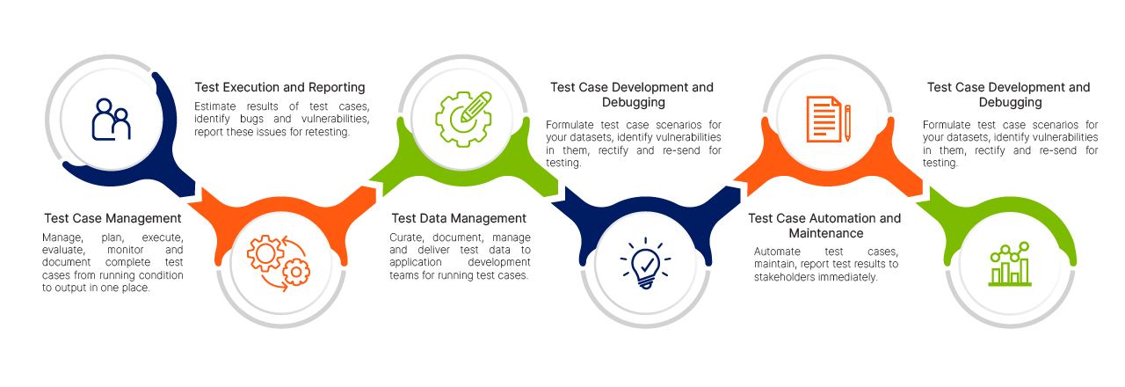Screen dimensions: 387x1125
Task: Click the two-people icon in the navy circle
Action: tap(111, 119)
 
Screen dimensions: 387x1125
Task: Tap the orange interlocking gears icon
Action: tap(278, 259)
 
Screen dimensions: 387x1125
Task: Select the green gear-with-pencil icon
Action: tap(463, 119)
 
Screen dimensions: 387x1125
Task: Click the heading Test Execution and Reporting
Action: tap(279, 87)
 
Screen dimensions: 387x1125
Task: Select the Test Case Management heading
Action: tap(112, 218)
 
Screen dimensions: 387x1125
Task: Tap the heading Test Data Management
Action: tap(459, 218)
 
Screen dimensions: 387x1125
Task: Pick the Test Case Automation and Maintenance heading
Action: tap(824, 225)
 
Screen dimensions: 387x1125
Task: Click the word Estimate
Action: tap(216, 106)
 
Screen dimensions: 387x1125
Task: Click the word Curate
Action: tap(406, 237)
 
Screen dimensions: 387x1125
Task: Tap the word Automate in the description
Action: tap(777, 252)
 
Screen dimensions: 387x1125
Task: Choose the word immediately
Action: tap(851, 277)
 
